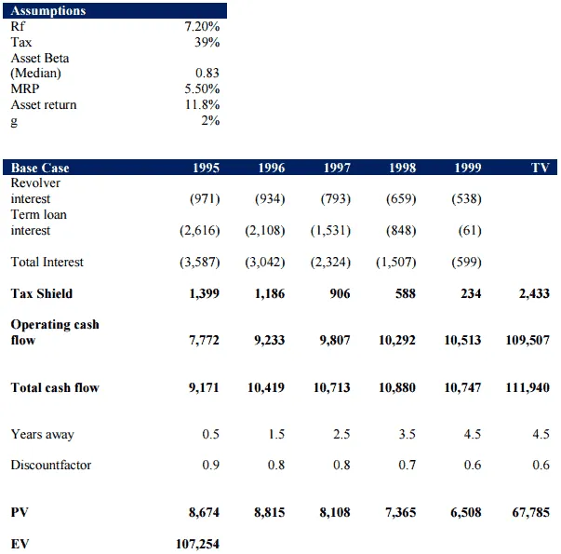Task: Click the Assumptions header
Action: click(x=48, y=11)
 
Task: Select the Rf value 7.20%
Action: click(x=203, y=27)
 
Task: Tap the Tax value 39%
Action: click(x=207, y=42)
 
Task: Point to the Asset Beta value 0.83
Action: click(x=207, y=73)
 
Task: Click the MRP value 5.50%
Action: click(x=203, y=88)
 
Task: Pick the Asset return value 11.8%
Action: click(x=203, y=104)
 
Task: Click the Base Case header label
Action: click(x=40, y=168)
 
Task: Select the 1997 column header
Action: click(x=337, y=168)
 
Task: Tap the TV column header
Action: click(x=540, y=168)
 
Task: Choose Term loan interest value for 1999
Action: click(x=469, y=230)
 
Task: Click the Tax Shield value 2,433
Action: click(x=532, y=293)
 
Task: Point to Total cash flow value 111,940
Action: click(x=528, y=387)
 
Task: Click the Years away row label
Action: click(x=42, y=434)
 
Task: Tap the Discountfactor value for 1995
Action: click(x=210, y=465)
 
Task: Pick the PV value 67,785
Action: click(x=530, y=512)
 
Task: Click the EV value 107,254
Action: click(x=197, y=544)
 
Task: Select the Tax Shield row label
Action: click(x=42, y=293)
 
